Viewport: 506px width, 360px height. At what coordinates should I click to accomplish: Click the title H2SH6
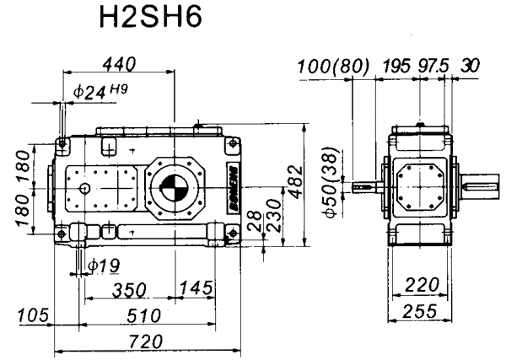(x=151, y=19)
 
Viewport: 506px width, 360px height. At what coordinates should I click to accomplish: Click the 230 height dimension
(x=275, y=216)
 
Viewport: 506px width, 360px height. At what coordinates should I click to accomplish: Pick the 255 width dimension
(x=419, y=311)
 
